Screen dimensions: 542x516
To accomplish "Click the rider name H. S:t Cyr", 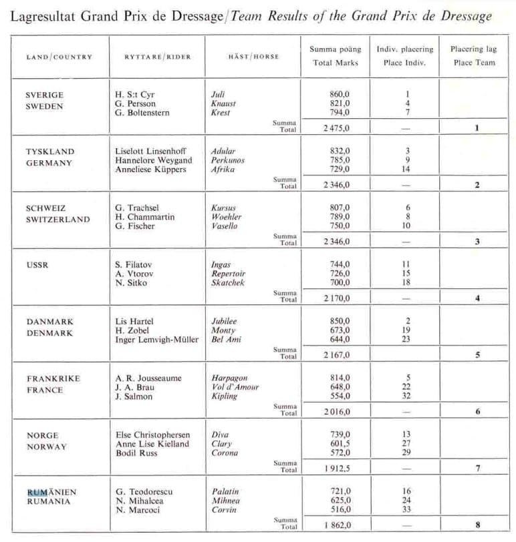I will click(135, 95).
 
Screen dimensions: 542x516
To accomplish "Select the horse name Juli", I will click(219, 95).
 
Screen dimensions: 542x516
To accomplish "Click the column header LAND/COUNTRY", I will click(59, 57).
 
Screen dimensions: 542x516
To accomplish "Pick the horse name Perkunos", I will click(227, 161).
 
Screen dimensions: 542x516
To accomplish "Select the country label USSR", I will click(37, 265).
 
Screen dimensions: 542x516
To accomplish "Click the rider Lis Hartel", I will click(134, 321).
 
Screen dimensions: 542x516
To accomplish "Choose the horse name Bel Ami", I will click(226, 340).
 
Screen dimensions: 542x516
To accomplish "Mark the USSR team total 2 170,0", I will click(334, 298).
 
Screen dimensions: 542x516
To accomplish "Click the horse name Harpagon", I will click(230, 378).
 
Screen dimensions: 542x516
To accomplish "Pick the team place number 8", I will click(477, 525).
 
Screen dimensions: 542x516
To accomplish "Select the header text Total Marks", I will click(336, 63).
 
